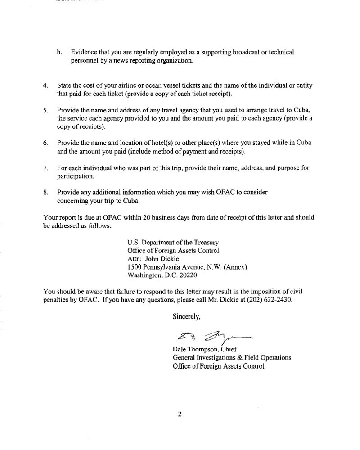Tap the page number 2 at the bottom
click(179, 414)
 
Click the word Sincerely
click(187, 316)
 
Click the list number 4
click(45, 85)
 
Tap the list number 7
click(45, 168)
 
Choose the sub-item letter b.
click(59, 52)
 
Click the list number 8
click(45, 192)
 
